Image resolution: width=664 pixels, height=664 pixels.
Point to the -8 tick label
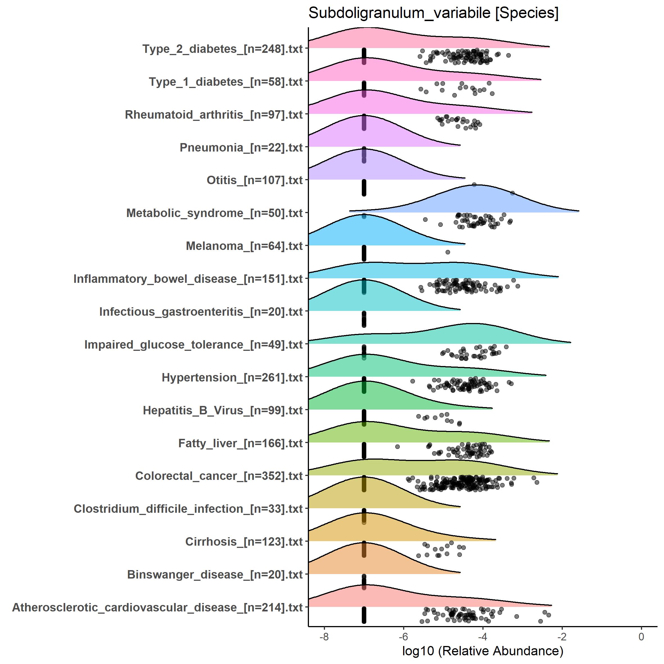tap(324, 636)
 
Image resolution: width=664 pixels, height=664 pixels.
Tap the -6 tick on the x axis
tap(403, 636)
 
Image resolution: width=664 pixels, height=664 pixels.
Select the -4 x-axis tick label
tap(482, 636)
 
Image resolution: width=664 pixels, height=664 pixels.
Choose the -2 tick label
tap(562, 636)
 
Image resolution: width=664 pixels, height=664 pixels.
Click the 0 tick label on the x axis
tap(641, 636)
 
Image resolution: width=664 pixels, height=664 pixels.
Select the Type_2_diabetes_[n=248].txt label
tap(222, 49)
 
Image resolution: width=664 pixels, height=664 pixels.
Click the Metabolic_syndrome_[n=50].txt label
tap(214, 213)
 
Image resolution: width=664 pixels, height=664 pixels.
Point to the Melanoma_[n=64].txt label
tap(244, 246)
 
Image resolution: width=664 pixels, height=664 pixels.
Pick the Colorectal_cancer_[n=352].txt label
tap(219, 476)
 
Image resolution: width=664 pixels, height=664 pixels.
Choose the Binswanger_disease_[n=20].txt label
tap(215, 574)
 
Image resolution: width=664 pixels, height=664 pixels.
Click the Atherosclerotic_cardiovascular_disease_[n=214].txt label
tap(157, 607)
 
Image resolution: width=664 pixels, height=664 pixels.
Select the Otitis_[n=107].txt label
tap(254, 180)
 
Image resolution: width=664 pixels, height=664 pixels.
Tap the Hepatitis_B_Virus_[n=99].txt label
tap(223, 410)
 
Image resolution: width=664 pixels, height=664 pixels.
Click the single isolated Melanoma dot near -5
tap(448, 252)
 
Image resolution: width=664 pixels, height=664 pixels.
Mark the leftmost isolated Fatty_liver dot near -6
tap(397, 447)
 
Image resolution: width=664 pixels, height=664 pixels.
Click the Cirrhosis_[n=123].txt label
tap(244, 542)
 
